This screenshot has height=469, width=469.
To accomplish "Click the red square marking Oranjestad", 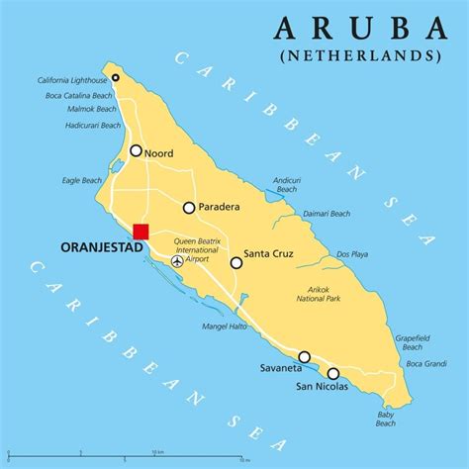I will [141, 232].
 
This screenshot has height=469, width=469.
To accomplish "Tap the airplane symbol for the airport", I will [177, 262].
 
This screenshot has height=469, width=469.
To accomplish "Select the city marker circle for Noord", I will [136, 151].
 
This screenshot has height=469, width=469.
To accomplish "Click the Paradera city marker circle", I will [188, 208].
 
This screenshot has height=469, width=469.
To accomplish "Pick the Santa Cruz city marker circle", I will [236, 262].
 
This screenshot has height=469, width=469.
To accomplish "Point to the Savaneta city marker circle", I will [305, 357].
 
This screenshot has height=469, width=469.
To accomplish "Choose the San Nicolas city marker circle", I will [333, 373].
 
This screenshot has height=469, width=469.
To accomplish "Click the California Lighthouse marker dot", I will [116, 77].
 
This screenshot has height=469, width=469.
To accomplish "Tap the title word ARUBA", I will [358, 26].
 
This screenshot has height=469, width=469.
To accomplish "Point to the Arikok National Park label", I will [319, 294].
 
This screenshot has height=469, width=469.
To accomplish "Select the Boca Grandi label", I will [426, 363].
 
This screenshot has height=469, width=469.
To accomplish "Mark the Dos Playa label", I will [352, 254].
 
